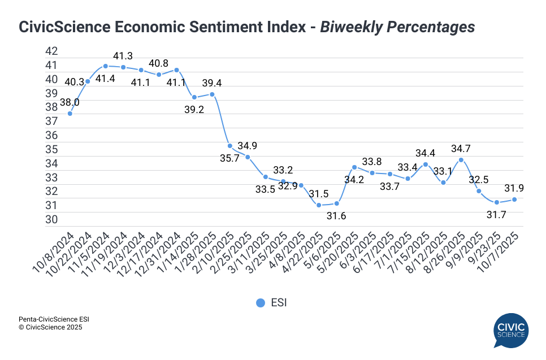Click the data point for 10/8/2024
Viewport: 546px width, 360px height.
coord(70,114)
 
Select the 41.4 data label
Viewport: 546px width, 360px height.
coord(105,79)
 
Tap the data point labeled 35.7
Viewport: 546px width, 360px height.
coord(230,146)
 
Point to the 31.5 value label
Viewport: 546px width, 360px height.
coord(319,193)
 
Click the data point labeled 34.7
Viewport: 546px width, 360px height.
coord(461,160)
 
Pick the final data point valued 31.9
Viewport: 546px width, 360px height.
coord(514,199)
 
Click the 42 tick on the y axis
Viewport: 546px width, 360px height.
coord(51,51)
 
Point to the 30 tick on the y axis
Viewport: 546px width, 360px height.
coord(51,219)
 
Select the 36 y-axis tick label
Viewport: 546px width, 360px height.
coord(51,135)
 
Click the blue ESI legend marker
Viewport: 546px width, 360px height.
coord(261,303)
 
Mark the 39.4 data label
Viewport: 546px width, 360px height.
coord(212,83)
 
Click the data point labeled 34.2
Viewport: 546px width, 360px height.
coord(354,167)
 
